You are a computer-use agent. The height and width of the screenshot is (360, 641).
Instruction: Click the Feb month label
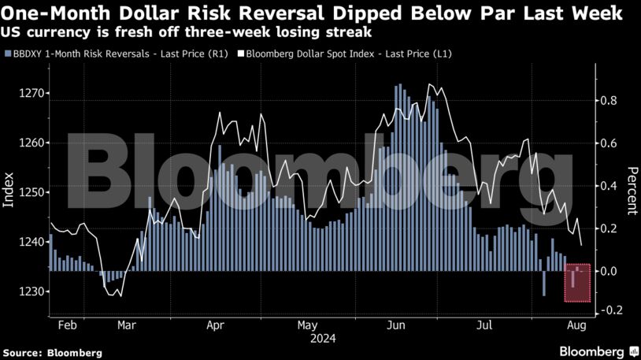click(x=68, y=325)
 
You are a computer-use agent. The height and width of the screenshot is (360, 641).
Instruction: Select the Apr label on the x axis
click(x=217, y=325)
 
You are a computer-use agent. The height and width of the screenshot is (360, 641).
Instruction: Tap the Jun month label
click(x=397, y=325)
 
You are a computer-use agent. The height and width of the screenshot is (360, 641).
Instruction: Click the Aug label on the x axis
click(x=576, y=325)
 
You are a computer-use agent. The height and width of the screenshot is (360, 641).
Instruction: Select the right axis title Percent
click(x=632, y=191)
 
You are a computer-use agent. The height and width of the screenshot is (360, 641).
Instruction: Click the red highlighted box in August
click(x=578, y=284)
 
